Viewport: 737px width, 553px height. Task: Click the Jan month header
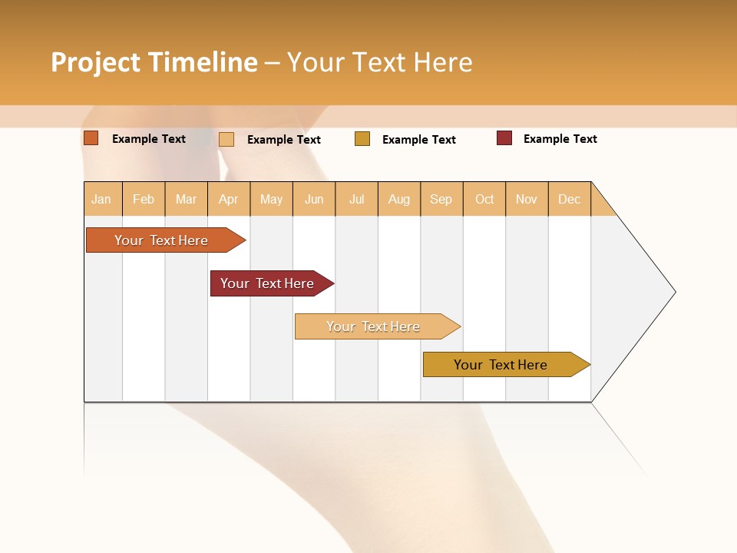click(x=101, y=199)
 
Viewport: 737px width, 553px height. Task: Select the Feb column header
click(x=144, y=199)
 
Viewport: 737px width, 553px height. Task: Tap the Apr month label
click(x=228, y=199)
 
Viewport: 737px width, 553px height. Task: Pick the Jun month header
click(x=314, y=199)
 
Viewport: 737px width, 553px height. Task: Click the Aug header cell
click(x=398, y=199)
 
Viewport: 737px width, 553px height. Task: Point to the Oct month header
click(x=484, y=199)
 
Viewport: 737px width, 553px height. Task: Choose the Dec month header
click(x=569, y=199)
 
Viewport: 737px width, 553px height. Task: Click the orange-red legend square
click(x=91, y=138)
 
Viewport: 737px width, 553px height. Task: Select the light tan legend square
click(x=226, y=139)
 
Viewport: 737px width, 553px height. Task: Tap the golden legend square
click(x=362, y=139)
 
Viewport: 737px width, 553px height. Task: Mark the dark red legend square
click(x=504, y=138)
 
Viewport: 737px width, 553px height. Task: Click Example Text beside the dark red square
click(x=560, y=139)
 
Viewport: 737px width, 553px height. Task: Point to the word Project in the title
click(x=95, y=62)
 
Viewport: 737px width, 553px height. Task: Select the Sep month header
click(x=441, y=199)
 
